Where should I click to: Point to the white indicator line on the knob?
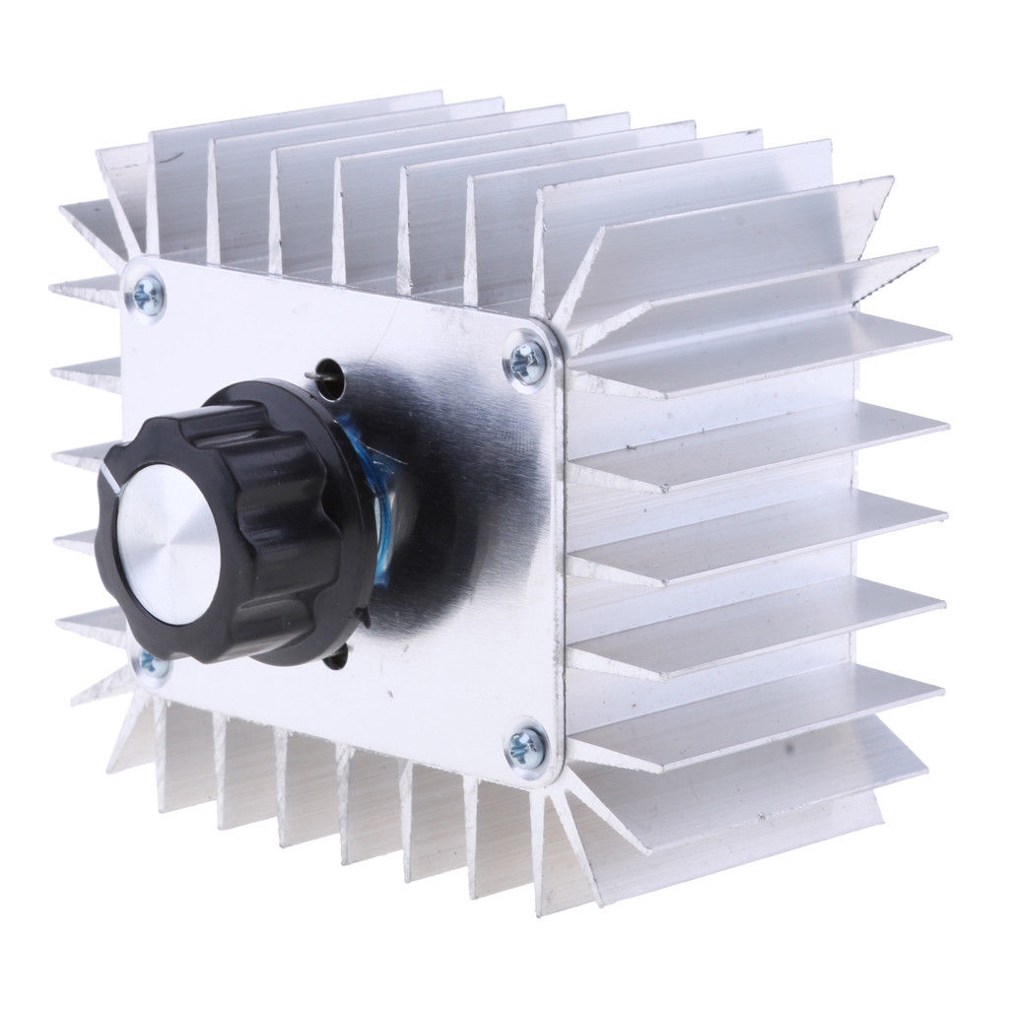point(110,478)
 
